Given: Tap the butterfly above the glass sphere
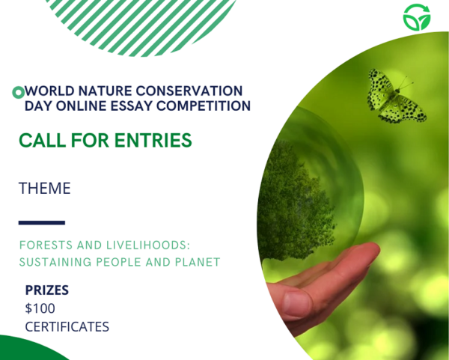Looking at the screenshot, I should (395, 97).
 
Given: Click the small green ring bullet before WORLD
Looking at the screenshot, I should (18, 92).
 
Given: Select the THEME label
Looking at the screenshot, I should (45, 189).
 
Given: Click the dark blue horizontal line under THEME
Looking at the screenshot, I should (41, 222).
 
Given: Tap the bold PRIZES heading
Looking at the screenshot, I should (47, 290).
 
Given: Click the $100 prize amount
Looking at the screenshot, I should (40, 308).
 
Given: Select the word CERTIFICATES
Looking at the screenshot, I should (67, 326).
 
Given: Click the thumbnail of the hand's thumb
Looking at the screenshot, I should (296, 304).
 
